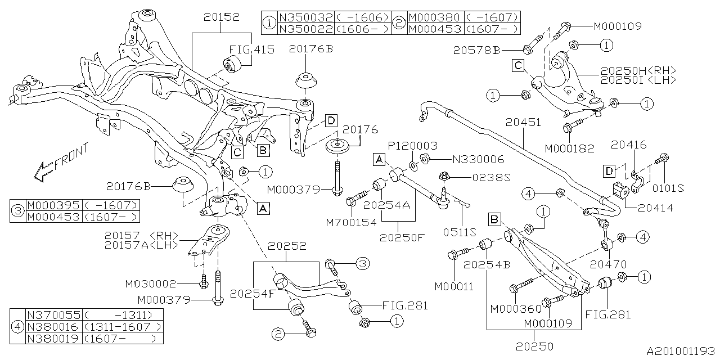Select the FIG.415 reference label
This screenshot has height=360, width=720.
[x=251, y=49]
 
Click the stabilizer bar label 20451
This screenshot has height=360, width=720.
[x=523, y=121]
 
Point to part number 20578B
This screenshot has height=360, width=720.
[x=476, y=51]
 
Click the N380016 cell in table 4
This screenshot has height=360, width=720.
[x=53, y=327]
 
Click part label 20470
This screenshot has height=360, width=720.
[x=607, y=263]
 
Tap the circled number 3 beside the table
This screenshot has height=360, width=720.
[x=18, y=211]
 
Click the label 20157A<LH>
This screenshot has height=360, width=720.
[x=141, y=245]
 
